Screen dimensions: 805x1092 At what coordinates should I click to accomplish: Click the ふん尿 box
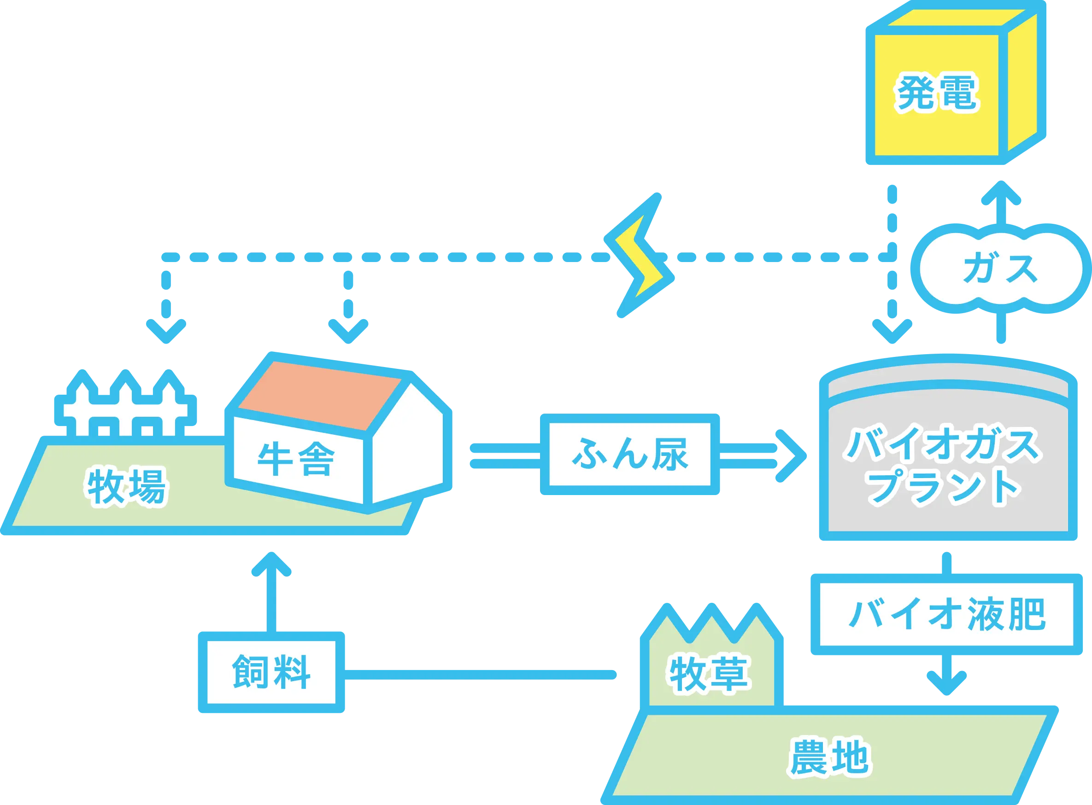629,455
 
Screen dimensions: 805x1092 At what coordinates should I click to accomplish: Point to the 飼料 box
271,672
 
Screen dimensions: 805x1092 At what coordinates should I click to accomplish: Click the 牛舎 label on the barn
296,460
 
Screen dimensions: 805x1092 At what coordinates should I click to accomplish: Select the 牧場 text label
127,486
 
